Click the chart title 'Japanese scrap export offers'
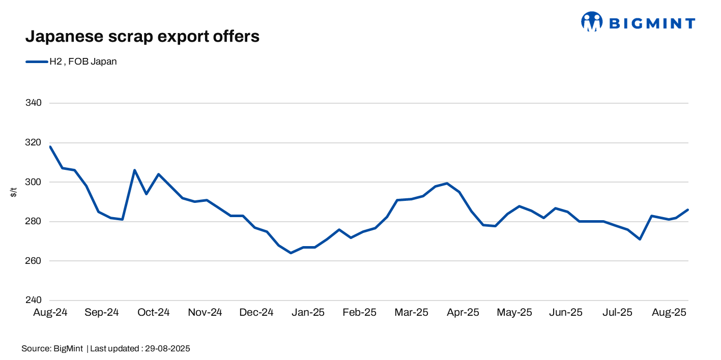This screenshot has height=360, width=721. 142,37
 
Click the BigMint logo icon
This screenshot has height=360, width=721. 591,22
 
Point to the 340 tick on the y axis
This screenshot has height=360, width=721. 33,103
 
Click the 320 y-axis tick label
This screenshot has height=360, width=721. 33,143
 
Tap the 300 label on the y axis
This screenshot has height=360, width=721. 33,182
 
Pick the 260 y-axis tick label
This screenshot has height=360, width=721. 33,261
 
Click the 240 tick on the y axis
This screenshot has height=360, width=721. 33,301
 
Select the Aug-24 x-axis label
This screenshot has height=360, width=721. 50,312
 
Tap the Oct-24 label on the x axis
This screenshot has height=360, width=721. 153,312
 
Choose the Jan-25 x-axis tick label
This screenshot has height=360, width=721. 308,312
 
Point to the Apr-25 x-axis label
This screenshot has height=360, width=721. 463,312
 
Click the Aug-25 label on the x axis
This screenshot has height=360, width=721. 669,312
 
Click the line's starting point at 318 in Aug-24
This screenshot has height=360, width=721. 50,146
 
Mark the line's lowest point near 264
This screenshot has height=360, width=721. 291,253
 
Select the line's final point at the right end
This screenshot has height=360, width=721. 688,209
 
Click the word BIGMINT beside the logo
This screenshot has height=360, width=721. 652,23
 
